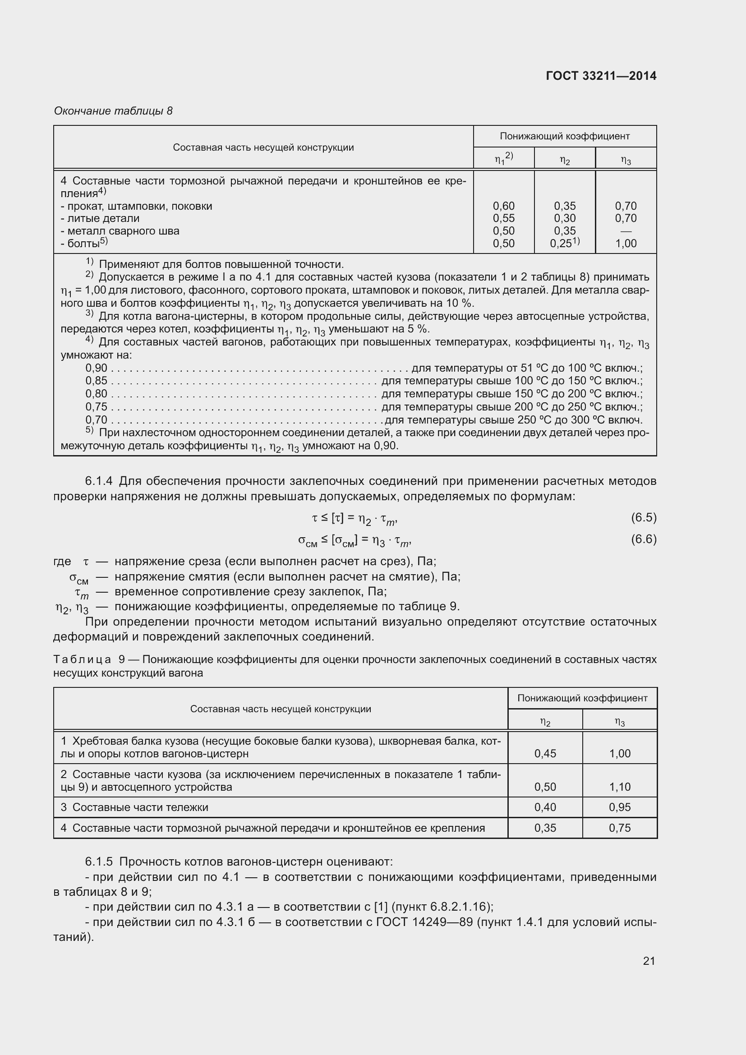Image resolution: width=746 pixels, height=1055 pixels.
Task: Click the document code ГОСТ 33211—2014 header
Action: (601, 76)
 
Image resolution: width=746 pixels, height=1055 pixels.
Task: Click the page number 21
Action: (649, 961)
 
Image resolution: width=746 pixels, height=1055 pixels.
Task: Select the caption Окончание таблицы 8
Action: (113, 111)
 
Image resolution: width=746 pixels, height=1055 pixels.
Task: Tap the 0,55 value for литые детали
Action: (503, 218)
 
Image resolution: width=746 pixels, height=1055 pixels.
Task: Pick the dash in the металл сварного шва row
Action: (626, 231)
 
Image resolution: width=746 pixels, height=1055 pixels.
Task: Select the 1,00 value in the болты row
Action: (626, 244)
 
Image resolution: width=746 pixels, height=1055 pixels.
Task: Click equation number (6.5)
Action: (644, 517)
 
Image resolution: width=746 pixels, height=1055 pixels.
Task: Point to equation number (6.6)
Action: (644, 539)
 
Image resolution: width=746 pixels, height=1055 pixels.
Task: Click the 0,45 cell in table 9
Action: (545, 753)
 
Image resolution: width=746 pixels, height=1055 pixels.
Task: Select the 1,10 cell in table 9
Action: (620, 787)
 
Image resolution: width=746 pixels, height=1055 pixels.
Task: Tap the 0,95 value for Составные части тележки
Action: (620, 807)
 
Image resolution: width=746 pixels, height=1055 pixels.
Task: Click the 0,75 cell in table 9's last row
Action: (620, 828)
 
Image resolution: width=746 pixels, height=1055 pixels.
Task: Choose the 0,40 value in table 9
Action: (545, 807)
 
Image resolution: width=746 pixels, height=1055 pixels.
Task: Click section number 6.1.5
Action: (99, 861)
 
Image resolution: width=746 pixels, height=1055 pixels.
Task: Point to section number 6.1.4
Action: (99, 481)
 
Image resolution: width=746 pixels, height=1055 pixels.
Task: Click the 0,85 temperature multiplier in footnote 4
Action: (96, 381)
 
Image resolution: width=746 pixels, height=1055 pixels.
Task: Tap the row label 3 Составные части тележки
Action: (134, 807)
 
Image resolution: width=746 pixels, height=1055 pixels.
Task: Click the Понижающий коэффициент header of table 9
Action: (582, 698)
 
